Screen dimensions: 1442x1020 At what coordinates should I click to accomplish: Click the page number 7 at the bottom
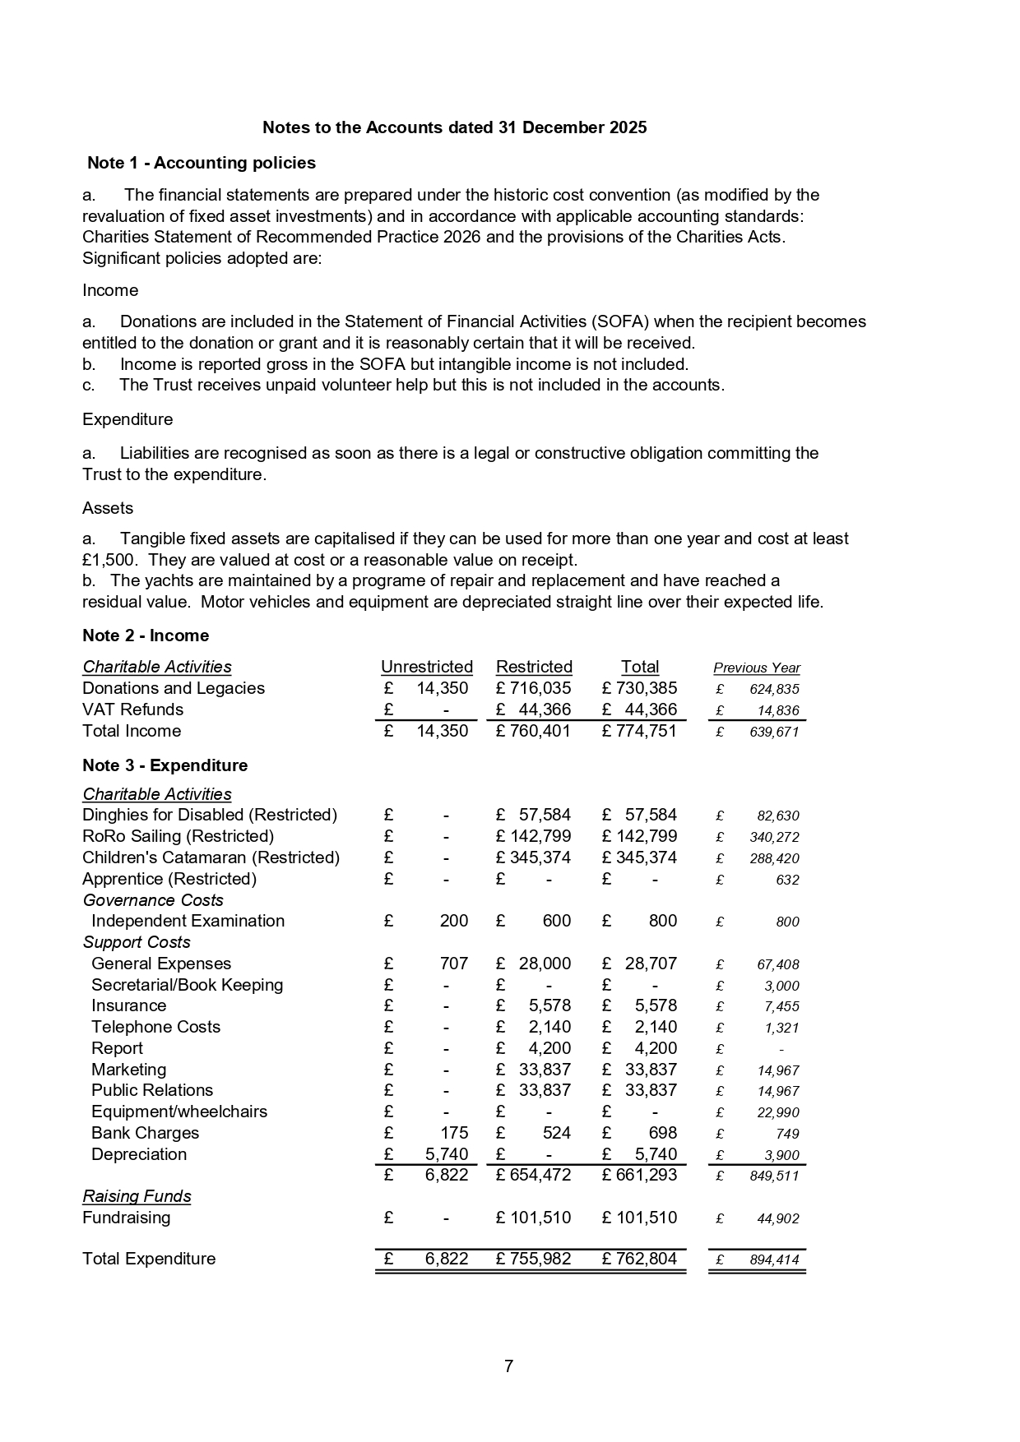click(508, 1366)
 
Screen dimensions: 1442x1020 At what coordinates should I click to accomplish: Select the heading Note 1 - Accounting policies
click(202, 163)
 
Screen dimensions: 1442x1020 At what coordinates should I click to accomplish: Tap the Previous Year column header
click(756, 668)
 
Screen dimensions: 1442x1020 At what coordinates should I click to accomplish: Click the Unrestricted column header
click(426, 667)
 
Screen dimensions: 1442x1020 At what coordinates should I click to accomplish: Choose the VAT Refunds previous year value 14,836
click(777, 711)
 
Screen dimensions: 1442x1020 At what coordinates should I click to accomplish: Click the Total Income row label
click(132, 731)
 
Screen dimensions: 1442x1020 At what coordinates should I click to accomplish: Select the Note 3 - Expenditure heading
click(165, 765)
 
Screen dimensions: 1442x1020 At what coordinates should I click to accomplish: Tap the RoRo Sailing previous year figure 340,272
click(774, 838)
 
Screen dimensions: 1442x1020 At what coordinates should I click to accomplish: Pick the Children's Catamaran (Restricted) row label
click(211, 857)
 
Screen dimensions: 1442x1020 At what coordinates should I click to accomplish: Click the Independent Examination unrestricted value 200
click(453, 921)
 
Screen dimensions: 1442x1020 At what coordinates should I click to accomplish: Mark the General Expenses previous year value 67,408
click(777, 964)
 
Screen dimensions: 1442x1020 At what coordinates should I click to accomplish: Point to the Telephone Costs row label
click(155, 1027)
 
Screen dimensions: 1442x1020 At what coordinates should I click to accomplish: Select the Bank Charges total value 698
click(662, 1133)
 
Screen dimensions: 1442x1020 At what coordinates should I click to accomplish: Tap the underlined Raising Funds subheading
click(137, 1196)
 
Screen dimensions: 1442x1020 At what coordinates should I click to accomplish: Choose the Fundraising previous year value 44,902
click(777, 1219)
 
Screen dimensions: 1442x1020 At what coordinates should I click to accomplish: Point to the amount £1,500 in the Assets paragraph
click(111, 560)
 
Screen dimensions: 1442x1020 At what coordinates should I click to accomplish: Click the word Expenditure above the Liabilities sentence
click(128, 419)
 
